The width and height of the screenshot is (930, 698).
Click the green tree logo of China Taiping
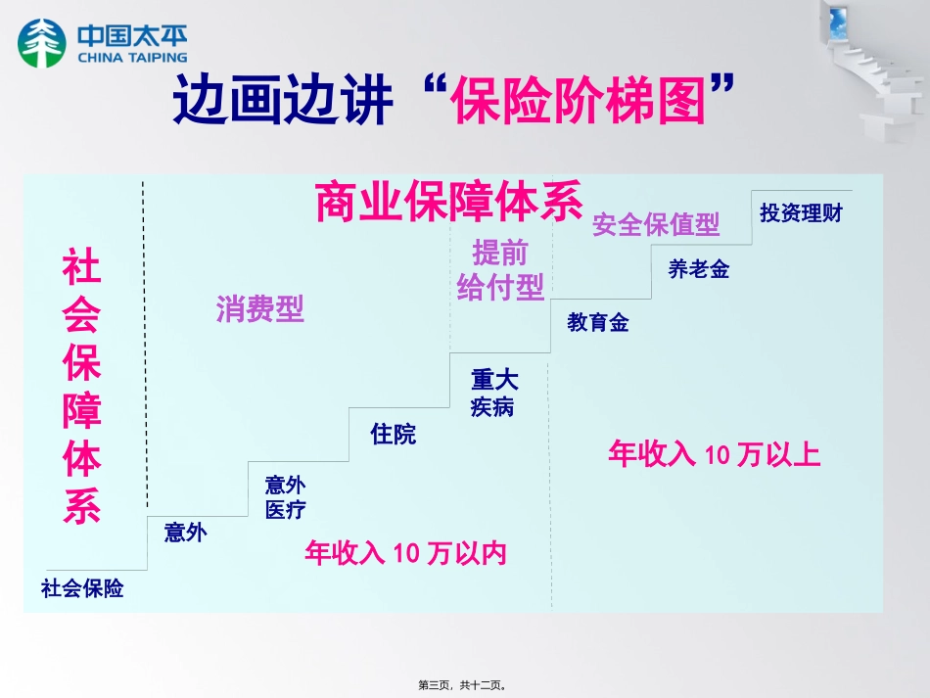tap(39, 43)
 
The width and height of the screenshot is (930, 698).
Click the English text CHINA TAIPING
tap(127, 58)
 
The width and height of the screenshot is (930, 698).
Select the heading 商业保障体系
tap(449, 202)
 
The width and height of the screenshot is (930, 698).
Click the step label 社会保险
tap(82, 588)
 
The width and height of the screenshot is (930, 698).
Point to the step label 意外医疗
tap(285, 496)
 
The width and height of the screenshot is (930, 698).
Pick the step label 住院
tap(393, 434)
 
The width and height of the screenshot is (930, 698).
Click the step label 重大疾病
tap(493, 393)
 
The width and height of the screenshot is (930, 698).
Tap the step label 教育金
tap(598, 322)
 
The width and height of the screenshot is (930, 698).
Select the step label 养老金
tap(698, 269)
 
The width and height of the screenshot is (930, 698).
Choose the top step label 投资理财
tap(801, 212)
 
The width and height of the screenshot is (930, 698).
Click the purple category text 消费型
tap(259, 309)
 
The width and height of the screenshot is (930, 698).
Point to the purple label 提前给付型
tap(500, 270)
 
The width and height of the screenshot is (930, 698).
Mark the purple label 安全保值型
tap(656, 224)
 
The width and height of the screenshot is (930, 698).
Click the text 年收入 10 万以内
tap(405, 553)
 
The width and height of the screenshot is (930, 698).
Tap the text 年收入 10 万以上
tap(714, 454)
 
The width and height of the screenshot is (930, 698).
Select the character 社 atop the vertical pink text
tap(82, 265)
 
